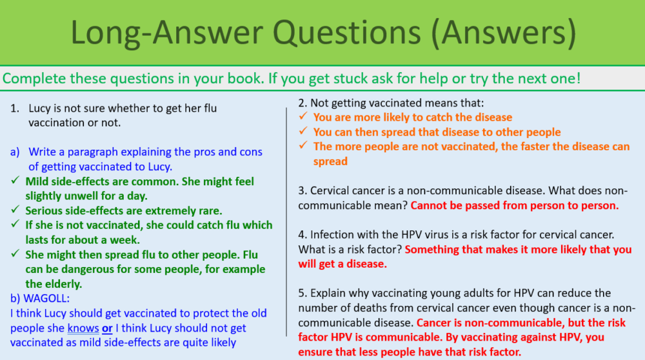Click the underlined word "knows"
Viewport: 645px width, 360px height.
(x=83, y=328)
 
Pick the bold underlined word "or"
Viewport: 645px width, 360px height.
(x=107, y=328)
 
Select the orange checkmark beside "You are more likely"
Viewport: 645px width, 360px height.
(x=302, y=117)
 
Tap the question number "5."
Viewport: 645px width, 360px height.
(x=302, y=294)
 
